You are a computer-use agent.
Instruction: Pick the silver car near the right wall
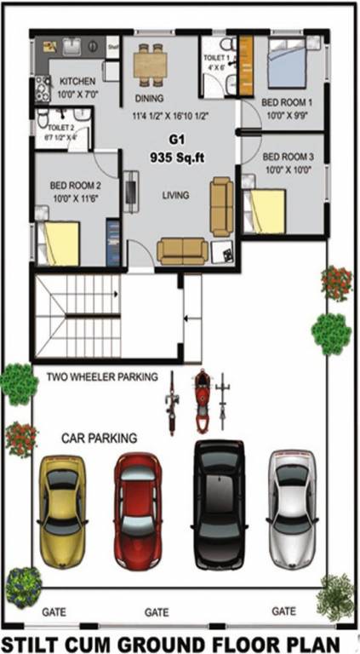293,502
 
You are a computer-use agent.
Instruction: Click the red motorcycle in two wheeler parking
202,400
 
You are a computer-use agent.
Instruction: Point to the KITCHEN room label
77,82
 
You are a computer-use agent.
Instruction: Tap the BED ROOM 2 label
76,185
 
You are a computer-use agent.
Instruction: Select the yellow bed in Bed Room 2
61,243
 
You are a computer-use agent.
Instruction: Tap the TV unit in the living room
131,192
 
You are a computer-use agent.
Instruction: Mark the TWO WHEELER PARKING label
102,376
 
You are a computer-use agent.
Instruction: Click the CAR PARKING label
99,438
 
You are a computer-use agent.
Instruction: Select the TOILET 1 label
214,58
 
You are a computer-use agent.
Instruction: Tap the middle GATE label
157,611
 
